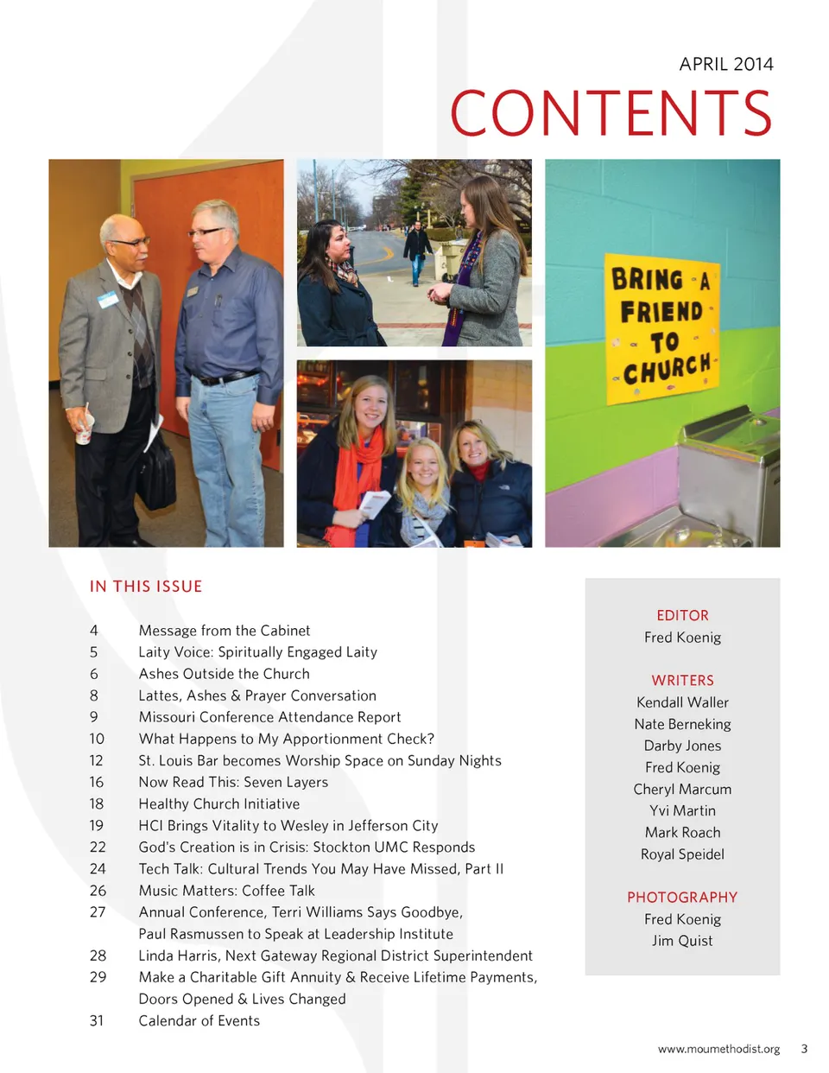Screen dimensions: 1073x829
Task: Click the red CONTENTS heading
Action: pyautogui.click(x=611, y=114)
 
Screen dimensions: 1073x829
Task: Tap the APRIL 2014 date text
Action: pyautogui.click(x=725, y=64)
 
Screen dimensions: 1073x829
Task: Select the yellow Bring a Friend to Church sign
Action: pyautogui.click(x=661, y=328)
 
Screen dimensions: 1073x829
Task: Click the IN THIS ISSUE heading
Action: pyautogui.click(x=146, y=587)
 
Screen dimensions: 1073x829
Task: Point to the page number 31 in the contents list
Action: pyautogui.click(x=97, y=1020)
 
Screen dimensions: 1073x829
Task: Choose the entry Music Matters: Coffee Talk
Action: pyautogui.click(x=226, y=891)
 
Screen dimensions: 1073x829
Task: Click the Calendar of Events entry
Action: pyautogui.click(x=199, y=1020)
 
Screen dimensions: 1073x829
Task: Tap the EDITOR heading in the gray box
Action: pyautogui.click(x=682, y=615)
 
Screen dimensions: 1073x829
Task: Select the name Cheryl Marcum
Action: pyautogui.click(x=682, y=789)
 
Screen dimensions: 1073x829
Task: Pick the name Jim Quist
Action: pyautogui.click(x=682, y=941)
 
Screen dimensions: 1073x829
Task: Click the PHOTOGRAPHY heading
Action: pyautogui.click(x=682, y=897)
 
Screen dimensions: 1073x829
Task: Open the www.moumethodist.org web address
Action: pyautogui.click(x=718, y=1049)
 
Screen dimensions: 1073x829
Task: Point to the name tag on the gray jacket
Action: pyautogui.click(x=107, y=300)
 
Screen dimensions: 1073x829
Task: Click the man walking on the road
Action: pyautogui.click(x=417, y=251)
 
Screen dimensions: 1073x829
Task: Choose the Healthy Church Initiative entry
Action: pyautogui.click(x=219, y=803)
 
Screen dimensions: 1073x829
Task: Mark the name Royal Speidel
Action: pyautogui.click(x=682, y=854)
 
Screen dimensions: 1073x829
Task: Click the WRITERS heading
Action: pyautogui.click(x=682, y=680)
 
